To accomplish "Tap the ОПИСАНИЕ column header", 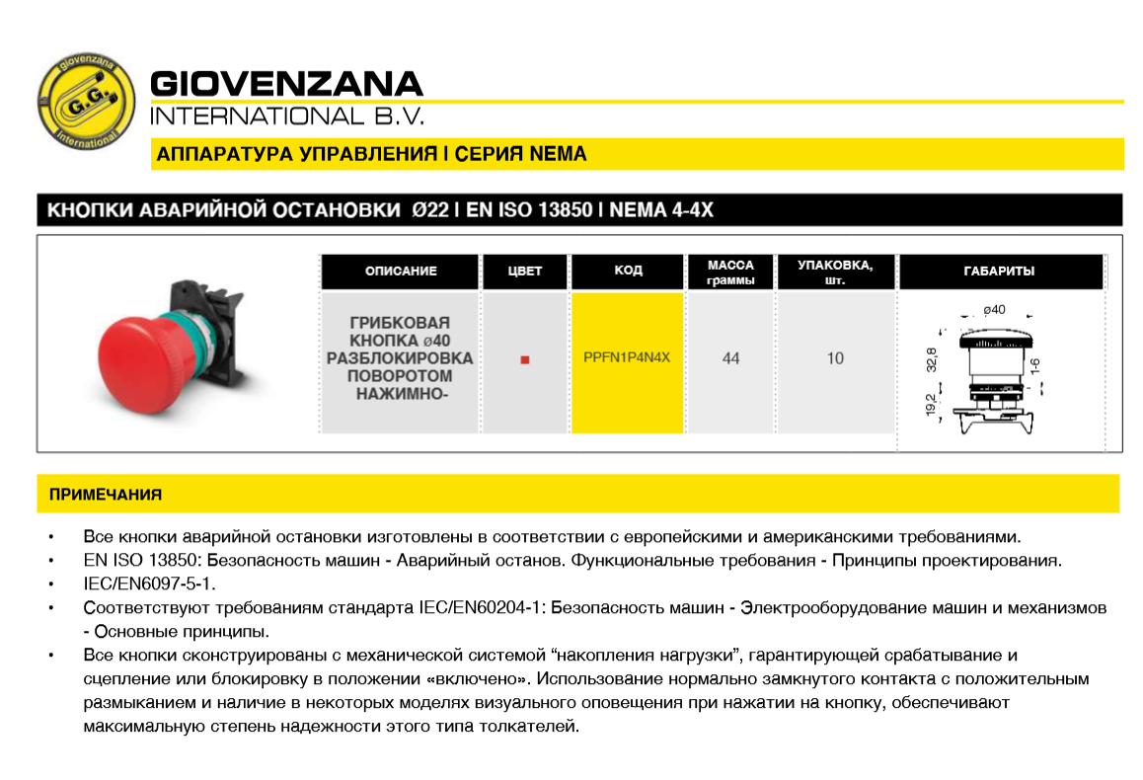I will [401, 272].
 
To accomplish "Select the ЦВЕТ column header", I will [525, 272].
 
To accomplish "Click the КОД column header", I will [628, 271].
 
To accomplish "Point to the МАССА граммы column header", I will [730, 273].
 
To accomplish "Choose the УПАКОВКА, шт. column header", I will [835, 273].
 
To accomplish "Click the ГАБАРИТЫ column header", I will [999, 272].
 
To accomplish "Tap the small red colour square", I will [525, 359].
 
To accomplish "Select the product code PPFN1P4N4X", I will [627, 357].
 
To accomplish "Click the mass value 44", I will [730, 358].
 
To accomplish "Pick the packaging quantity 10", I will [835, 358].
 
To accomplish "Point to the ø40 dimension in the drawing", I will [994, 310].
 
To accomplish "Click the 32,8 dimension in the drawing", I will [931, 359].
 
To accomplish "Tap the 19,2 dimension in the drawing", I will [931, 406].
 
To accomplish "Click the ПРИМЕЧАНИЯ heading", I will [106, 495].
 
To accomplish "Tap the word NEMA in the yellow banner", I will [559, 154].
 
